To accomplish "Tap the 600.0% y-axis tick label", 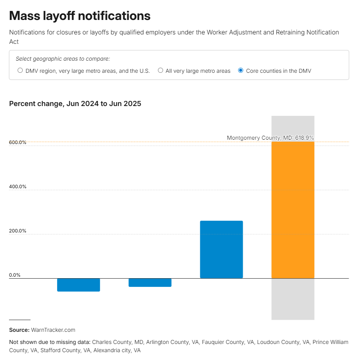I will click(18, 142).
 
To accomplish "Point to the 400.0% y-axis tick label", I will click(18, 187).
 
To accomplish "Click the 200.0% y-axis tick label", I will click(18, 231).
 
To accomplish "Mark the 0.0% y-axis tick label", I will click(15, 275).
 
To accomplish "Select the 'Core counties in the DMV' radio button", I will click(241, 70).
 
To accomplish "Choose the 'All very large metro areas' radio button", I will click(160, 70).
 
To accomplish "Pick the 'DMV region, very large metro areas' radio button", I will click(20, 70).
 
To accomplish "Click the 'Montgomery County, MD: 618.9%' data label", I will click(270, 138).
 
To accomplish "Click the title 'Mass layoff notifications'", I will click(80, 16).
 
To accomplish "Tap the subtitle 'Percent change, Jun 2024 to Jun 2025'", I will click(75, 104).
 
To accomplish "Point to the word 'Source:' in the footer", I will click(19, 330).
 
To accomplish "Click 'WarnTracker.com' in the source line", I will click(53, 330).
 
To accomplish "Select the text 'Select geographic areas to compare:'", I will click(63, 59).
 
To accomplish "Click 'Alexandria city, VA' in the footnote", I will click(117, 350).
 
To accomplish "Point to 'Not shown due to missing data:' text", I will click(50, 342).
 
